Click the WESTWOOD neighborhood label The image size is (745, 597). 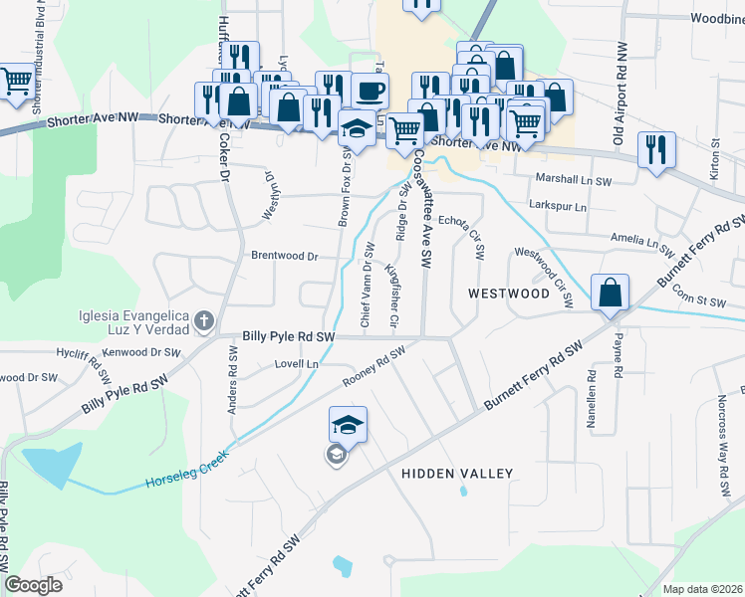[508, 294]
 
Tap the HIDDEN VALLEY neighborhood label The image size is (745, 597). [456, 474]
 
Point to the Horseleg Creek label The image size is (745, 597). [187, 469]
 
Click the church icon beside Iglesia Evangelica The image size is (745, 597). [204, 320]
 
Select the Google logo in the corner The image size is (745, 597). [33, 585]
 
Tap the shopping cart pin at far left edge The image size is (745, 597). [15, 82]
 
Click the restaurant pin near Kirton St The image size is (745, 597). [655, 149]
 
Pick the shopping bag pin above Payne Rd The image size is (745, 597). [610, 293]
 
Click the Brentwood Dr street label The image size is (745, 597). [284, 256]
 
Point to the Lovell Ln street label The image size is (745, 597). [296, 365]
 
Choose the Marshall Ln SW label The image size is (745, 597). [573, 181]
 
